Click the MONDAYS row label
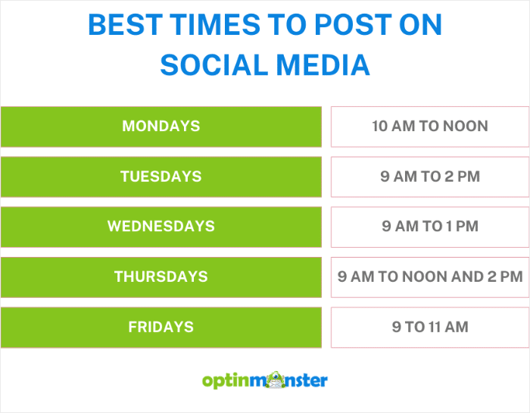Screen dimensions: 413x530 (x=161, y=126)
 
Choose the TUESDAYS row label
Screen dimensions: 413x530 (x=161, y=177)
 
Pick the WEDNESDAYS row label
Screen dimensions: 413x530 (x=161, y=226)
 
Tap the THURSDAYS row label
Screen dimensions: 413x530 (x=161, y=277)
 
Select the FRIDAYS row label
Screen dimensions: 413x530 (x=161, y=327)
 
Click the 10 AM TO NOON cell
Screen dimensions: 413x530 (x=429, y=126)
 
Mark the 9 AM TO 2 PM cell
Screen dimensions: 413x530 (x=429, y=177)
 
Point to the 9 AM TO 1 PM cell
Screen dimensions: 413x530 (x=429, y=226)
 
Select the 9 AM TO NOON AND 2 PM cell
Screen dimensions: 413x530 (x=429, y=277)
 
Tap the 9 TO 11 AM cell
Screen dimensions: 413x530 (x=429, y=327)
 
